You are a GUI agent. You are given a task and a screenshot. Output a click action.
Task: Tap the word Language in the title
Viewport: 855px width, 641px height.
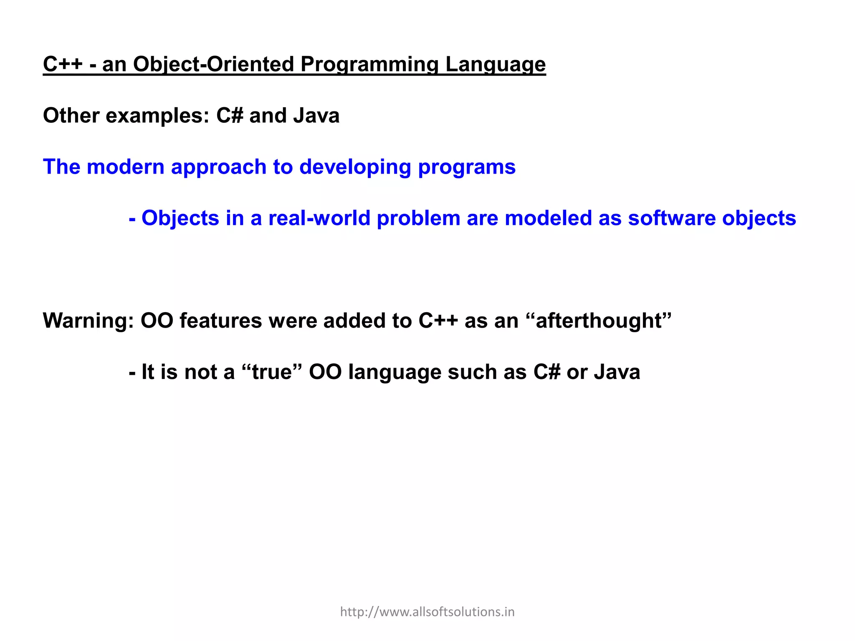click(x=495, y=65)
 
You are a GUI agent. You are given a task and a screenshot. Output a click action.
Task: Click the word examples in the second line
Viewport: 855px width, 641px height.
click(x=157, y=116)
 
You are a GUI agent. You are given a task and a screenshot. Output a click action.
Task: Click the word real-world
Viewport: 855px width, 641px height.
click(x=319, y=218)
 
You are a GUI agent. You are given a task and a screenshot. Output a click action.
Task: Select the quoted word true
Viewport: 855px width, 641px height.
click(x=272, y=372)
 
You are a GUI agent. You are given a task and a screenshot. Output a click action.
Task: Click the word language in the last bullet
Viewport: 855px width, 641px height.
click(x=395, y=373)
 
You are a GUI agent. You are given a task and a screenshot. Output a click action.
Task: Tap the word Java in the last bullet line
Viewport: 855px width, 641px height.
click(x=617, y=372)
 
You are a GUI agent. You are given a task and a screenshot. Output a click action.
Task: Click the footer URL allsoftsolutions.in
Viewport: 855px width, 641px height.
click(x=427, y=612)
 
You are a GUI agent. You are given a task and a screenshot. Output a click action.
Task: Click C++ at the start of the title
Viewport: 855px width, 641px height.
click(x=63, y=65)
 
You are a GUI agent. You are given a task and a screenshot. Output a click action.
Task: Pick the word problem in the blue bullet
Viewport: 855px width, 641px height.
click(x=418, y=218)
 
